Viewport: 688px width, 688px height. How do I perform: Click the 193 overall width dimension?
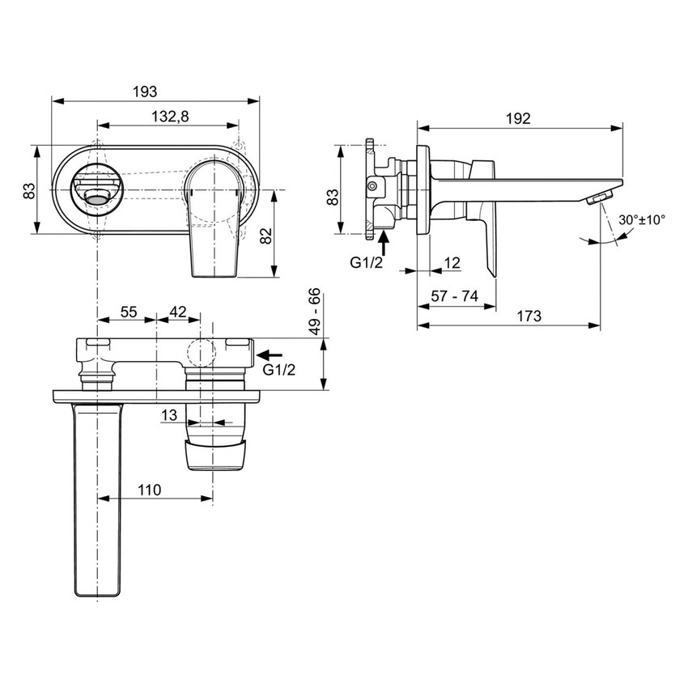[146, 91]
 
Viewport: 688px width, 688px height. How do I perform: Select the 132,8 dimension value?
[170, 117]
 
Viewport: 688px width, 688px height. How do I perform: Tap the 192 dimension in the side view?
[518, 118]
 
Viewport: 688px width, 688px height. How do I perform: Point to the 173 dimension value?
[529, 316]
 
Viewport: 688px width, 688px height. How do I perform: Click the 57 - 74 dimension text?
[452, 297]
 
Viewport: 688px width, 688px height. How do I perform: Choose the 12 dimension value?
[452, 262]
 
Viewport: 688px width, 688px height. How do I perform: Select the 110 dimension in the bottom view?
[149, 490]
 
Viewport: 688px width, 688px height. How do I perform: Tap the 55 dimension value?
[129, 311]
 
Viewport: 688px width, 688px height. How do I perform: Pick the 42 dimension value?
[177, 311]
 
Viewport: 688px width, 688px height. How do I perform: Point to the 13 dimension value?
[169, 414]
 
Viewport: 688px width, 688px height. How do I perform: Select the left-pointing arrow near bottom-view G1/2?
[270, 355]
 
